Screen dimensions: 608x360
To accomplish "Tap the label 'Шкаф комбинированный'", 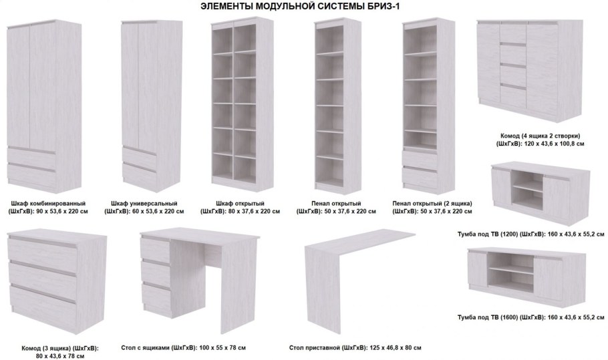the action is [x=49, y=204].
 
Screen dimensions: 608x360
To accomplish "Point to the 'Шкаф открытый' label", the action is [x=241, y=204].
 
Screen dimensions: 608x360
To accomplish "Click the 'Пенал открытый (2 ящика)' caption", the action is [x=432, y=204].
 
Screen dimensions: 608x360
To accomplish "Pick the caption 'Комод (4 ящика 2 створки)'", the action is [x=540, y=136].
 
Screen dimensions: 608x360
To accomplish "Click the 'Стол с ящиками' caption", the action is [x=146, y=347].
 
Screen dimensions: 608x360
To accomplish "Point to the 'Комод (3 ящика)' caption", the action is [x=45, y=349].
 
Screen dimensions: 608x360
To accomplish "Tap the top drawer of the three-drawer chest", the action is [x=43, y=250].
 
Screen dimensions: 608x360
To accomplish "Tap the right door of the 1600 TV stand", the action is [x=547, y=275].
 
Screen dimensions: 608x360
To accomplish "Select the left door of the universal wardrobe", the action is [x=130, y=82].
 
